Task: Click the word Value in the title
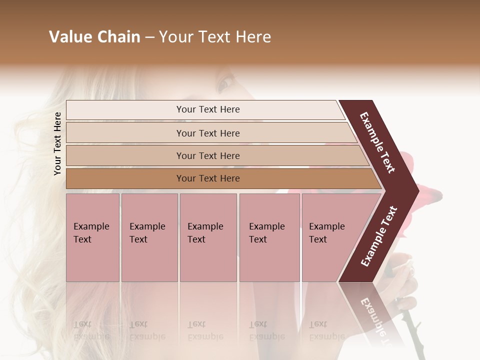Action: click(68, 37)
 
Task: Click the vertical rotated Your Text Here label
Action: click(57, 143)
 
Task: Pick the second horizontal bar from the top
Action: click(207, 133)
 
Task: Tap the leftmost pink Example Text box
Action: click(92, 237)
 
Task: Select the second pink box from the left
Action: click(149, 237)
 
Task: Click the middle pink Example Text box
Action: click(208, 237)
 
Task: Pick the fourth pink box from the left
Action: click(269, 237)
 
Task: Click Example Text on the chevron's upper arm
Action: click(377, 142)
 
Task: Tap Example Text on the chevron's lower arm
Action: click(379, 236)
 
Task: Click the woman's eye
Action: click(223, 83)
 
